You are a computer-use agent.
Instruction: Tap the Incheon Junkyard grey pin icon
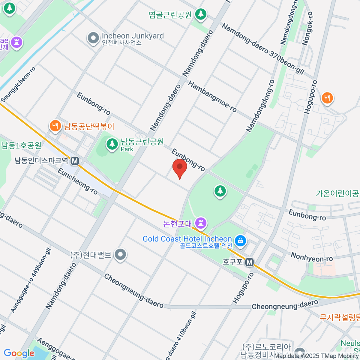coord(93,38)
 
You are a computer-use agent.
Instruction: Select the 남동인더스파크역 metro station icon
coord(75,161)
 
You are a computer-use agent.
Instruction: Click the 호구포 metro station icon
coord(249,262)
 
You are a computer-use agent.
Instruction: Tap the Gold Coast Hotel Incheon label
coord(187,239)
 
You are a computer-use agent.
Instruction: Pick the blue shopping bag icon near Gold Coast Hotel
coord(240,241)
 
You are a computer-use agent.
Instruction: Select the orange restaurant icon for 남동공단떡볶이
coord(55,126)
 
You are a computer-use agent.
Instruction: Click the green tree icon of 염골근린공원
coord(201,13)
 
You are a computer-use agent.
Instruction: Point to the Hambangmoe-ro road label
coord(212,97)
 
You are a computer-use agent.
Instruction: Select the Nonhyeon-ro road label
coord(312,257)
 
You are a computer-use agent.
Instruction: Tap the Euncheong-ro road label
coord(77,181)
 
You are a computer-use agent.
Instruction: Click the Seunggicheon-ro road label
coord(18,84)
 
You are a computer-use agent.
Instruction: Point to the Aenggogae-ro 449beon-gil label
coord(31,280)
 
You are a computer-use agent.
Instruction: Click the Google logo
coord(19,353)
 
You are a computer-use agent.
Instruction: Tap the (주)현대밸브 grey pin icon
coord(121,255)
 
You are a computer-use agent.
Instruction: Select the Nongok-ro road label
coord(307,28)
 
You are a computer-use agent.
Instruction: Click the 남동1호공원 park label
coord(21,145)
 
